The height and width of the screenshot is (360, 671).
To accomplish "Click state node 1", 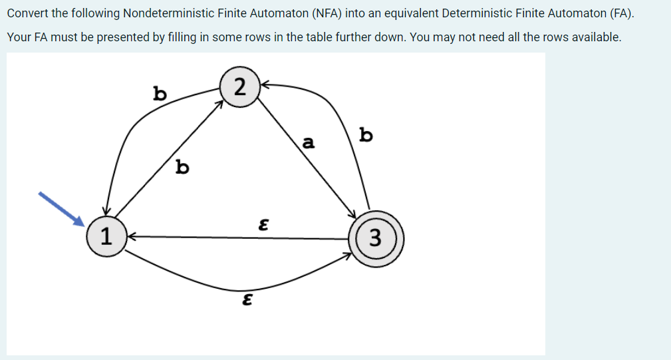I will (x=104, y=236).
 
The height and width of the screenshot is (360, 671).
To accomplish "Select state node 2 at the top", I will (x=239, y=86).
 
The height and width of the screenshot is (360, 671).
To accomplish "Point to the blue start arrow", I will (x=60, y=208).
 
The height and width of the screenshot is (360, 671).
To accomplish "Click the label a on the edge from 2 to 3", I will (x=307, y=142).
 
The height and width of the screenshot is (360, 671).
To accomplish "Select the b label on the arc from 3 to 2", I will (x=365, y=135).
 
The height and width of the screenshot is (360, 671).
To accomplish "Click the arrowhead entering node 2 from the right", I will (x=262, y=85).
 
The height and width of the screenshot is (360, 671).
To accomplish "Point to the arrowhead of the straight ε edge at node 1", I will (x=131, y=236).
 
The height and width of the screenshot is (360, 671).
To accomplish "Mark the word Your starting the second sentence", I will (x=19, y=37).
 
